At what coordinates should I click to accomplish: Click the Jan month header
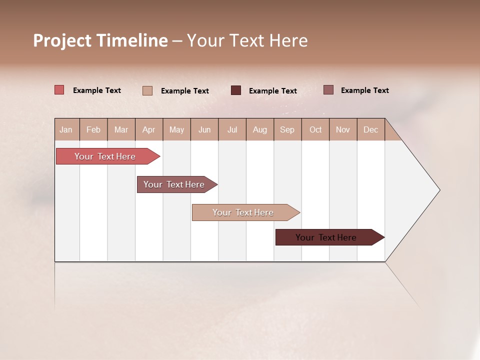(x=66, y=129)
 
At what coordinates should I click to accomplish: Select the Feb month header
(x=93, y=129)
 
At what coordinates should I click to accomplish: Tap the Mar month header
(x=121, y=129)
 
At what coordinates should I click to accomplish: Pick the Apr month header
(x=149, y=129)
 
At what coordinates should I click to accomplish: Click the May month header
(x=176, y=129)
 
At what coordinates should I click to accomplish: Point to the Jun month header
(x=204, y=129)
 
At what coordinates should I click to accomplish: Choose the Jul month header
(x=232, y=129)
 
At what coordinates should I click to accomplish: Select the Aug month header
(x=260, y=129)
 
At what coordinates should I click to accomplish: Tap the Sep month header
(x=287, y=129)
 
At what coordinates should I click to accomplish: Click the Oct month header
(x=315, y=129)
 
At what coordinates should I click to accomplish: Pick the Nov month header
(x=343, y=129)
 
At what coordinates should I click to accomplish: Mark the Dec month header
(x=371, y=129)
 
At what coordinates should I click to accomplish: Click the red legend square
(x=59, y=90)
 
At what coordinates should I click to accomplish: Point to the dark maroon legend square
(x=236, y=90)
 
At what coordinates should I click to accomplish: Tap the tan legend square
(x=147, y=90)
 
